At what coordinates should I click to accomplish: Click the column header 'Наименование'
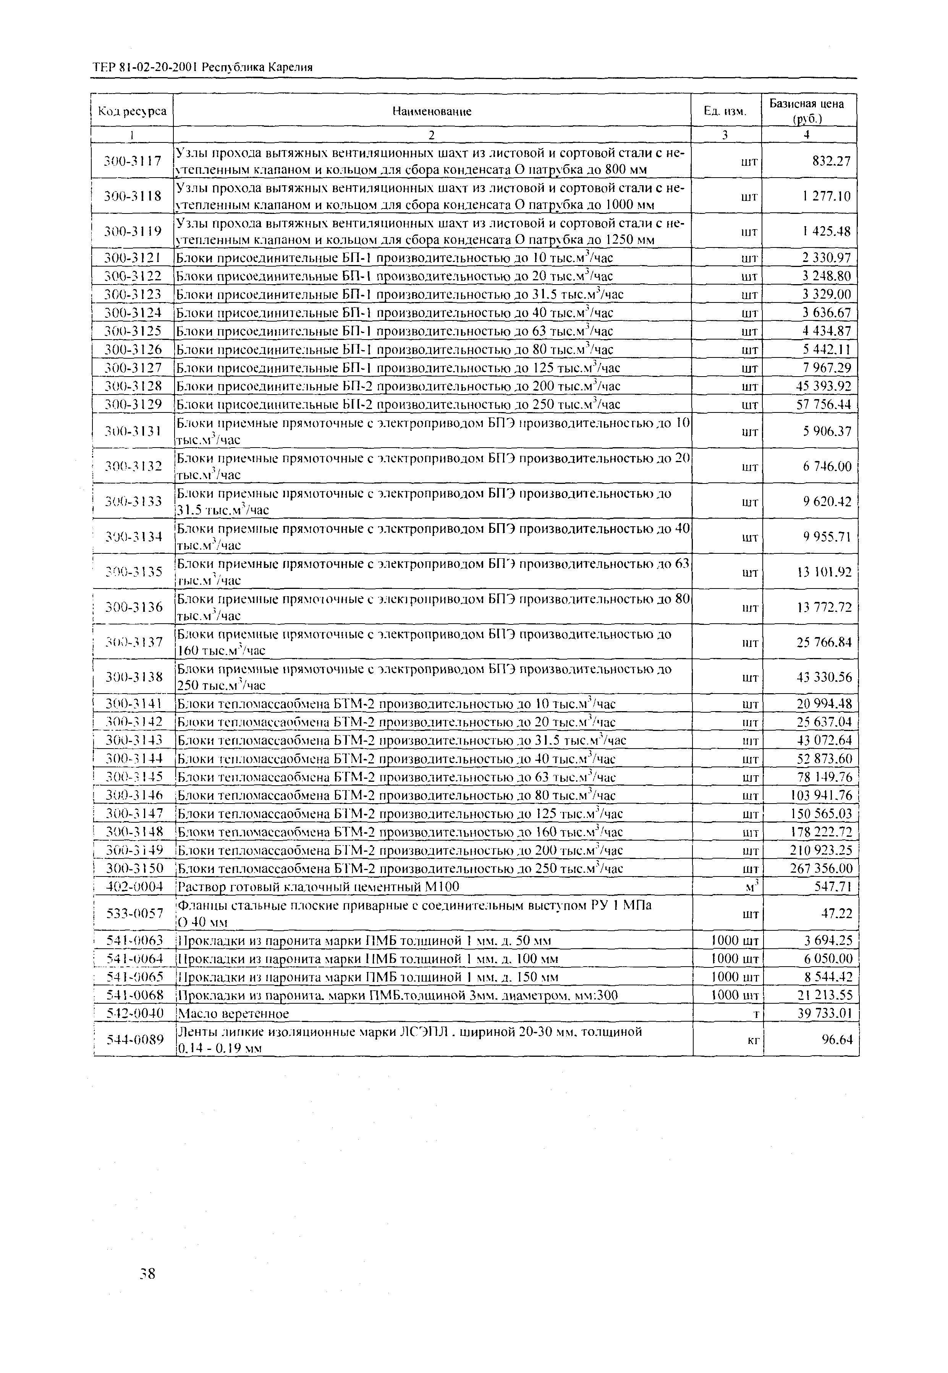pyautogui.click(x=432, y=111)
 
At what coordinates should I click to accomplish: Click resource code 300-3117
pyautogui.click(x=133, y=161)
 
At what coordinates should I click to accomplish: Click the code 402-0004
pyautogui.click(x=134, y=887)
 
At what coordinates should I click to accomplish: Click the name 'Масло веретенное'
pyautogui.click(x=233, y=1013)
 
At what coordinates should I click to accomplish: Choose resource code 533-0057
pyautogui.click(x=134, y=913)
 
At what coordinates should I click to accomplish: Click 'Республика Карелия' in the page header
pyautogui.click(x=257, y=68)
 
